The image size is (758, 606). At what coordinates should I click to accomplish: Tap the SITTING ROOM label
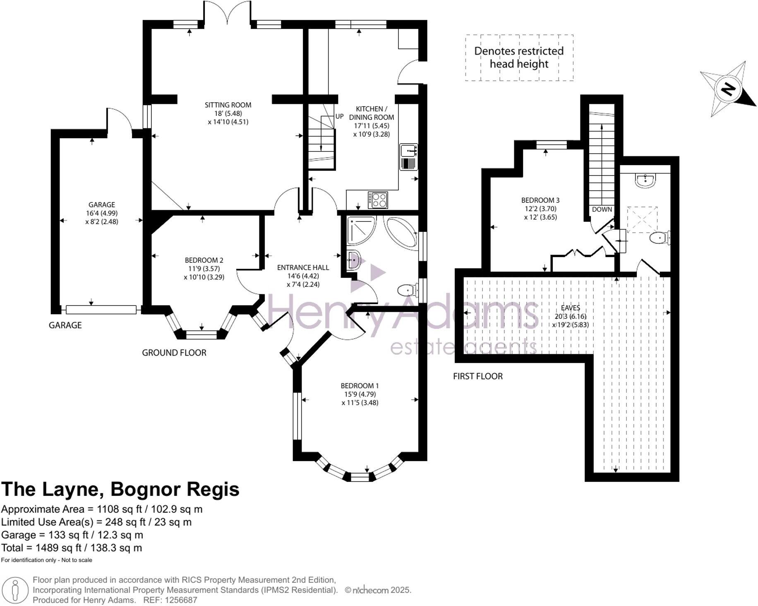[x=228, y=105]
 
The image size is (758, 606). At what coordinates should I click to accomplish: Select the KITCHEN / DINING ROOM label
[x=372, y=113]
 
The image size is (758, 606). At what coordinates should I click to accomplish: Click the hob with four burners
[x=378, y=200]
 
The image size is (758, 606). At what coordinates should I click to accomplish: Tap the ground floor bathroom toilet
[x=408, y=291]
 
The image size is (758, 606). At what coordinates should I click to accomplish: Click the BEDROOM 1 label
[x=360, y=386]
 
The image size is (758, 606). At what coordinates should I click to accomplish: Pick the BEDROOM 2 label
[x=204, y=260]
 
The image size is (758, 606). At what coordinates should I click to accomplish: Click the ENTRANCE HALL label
[x=303, y=267]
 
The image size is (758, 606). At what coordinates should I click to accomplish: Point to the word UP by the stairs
[x=339, y=116]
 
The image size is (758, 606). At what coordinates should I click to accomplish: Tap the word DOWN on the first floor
[x=602, y=209]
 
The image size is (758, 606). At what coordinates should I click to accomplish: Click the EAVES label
[x=571, y=308]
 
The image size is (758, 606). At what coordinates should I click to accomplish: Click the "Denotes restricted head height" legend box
[x=519, y=58]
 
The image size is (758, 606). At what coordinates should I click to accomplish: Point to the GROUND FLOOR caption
[x=174, y=353]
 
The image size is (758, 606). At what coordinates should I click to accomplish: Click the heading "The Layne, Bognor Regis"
[x=120, y=489]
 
